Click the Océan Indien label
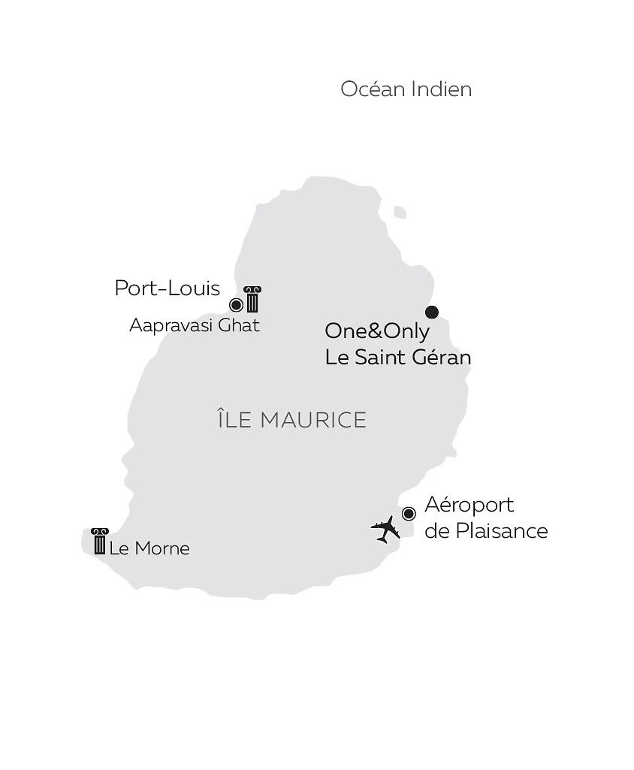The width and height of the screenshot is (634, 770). [x=406, y=89]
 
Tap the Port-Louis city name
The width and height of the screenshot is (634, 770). [x=167, y=288]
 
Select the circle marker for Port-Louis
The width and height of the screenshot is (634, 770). [x=236, y=304]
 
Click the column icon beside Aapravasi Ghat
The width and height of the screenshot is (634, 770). [x=252, y=299]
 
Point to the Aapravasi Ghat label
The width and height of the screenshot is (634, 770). [x=194, y=325]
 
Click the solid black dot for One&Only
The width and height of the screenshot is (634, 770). [x=431, y=312]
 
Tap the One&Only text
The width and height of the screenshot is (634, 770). [x=377, y=331]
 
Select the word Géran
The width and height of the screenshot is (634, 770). [x=440, y=357]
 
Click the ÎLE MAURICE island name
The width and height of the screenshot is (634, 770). [x=291, y=419]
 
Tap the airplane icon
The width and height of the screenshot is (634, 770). [x=385, y=528]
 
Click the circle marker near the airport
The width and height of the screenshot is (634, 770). [x=409, y=514]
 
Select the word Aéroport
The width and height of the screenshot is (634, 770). [x=469, y=505]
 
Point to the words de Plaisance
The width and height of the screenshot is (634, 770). [x=486, y=530]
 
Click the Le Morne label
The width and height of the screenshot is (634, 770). [x=149, y=548]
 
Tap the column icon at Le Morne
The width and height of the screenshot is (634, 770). [x=99, y=541]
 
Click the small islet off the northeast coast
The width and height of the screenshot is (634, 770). [x=400, y=213]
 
